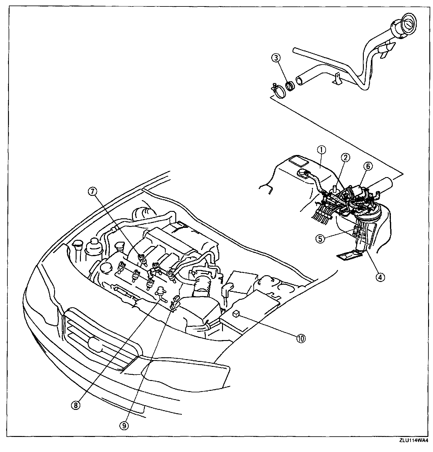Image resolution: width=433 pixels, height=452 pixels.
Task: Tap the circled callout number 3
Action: click(x=276, y=57)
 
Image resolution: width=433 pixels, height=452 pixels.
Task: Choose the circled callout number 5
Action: click(x=320, y=239)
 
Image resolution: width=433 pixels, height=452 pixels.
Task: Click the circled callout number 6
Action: click(x=368, y=166)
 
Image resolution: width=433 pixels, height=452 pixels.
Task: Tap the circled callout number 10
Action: click(x=300, y=338)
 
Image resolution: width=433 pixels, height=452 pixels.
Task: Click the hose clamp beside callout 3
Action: click(x=278, y=92)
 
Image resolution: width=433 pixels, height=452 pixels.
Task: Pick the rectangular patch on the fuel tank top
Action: click(x=299, y=161)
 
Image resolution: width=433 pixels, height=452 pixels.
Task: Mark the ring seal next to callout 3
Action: click(x=290, y=85)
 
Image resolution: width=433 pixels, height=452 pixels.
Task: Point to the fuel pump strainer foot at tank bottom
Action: click(x=349, y=254)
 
